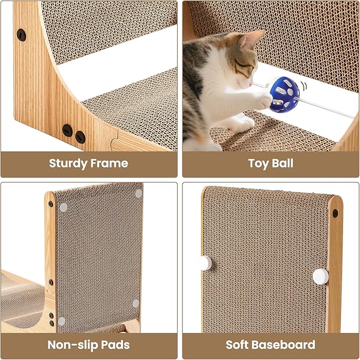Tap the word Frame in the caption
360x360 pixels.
[x=109, y=163]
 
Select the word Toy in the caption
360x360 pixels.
[x=259, y=164]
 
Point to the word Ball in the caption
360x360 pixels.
[x=283, y=163]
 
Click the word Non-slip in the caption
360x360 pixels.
[x=73, y=345]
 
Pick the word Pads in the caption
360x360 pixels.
[x=116, y=345]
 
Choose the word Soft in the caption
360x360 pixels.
[x=238, y=345]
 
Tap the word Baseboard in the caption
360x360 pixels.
[x=285, y=345]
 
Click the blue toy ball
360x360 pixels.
[x=285, y=94]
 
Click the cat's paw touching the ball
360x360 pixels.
[x=265, y=101]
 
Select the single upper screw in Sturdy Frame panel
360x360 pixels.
[x=21, y=35]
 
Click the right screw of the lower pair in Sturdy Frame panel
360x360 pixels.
[x=81, y=137]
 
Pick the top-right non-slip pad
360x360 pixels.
[x=138, y=194]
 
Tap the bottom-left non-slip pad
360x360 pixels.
[x=62, y=321]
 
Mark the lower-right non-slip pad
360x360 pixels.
[x=136, y=303]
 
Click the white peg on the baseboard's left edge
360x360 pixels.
[x=206, y=263]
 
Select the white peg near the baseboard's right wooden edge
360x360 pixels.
[x=321, y=276]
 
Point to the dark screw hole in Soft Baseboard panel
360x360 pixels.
[x=335, y=214]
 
